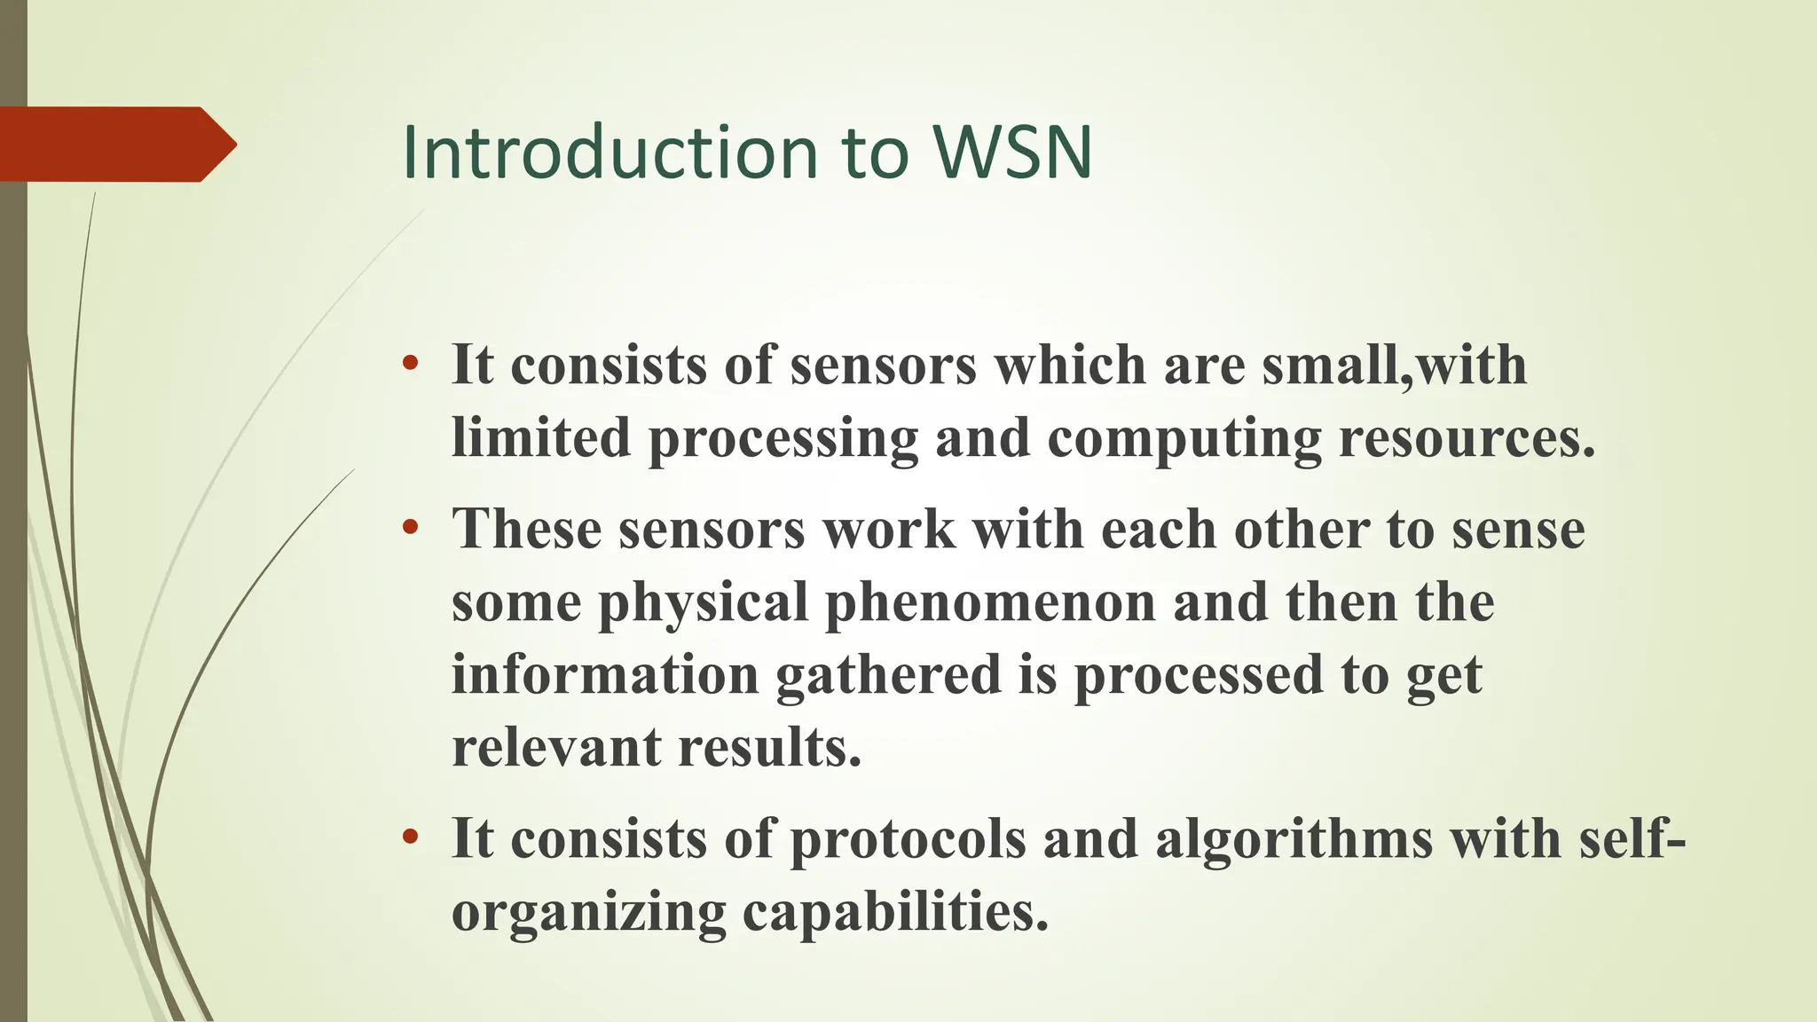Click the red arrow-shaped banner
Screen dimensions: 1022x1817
coord(115,144)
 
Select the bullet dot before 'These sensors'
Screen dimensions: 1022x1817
coord(410,529)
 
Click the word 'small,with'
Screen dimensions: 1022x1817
coord(1394,366)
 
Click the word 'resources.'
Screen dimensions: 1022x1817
coord(1467,437)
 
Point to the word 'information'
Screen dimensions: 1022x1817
coord(605,675)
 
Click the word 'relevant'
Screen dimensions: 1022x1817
coord(556,747)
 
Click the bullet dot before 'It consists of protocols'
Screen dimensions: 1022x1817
coord(410,837)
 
